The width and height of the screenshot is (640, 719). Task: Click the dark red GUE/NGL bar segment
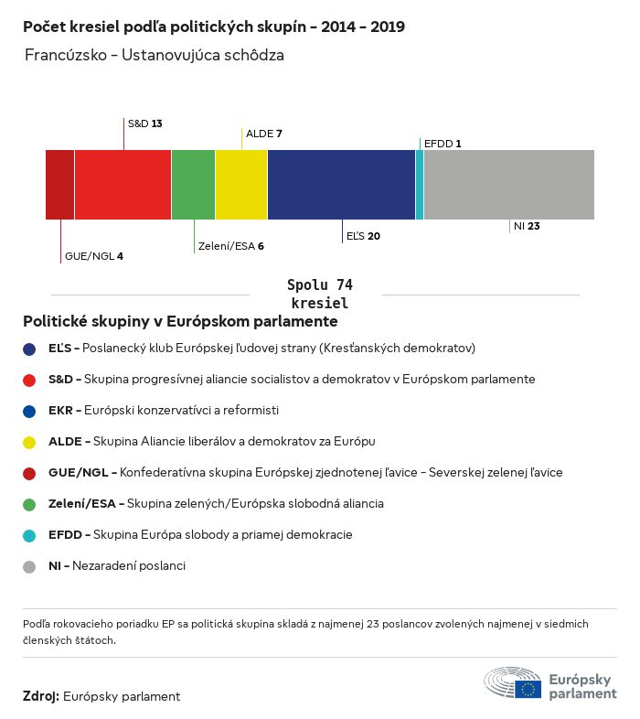[x=60, y=185]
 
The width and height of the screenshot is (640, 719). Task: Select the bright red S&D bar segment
[x=123, y=185]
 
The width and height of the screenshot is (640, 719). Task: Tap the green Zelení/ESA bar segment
[x=193, y=185]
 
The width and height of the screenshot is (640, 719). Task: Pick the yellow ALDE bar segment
[x=241, y=185]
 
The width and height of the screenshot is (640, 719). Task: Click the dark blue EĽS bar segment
[x=341, y=185]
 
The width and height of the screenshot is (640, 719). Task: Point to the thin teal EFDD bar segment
[x=420, y=185]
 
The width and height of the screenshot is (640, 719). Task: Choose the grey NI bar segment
[x=508, y=185]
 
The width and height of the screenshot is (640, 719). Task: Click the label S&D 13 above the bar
[x=144, y=123]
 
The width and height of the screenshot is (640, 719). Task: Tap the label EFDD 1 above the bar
[x=443, y=144]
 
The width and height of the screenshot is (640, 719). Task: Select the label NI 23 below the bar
[x=527, y=225]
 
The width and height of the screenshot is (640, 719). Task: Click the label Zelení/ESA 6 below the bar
[x=230, y=246]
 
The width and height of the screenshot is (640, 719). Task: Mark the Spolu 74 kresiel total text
[x=319, y=294]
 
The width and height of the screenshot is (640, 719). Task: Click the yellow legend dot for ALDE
[x=29, y=442]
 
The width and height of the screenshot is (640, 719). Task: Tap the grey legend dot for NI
[x=29, y=566]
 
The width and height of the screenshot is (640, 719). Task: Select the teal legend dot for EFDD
[x=29, y=535]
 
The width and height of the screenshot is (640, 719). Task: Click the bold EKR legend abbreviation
[x=62, y=410]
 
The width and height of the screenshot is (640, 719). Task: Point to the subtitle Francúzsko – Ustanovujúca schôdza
[x=155, y=55]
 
